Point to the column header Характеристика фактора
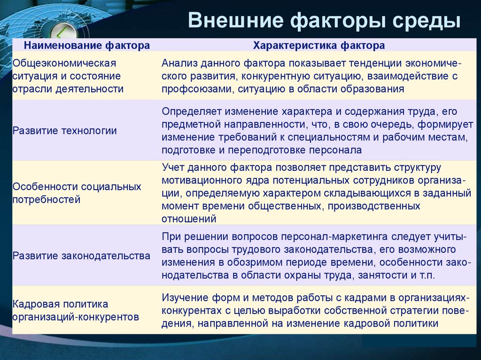pos(319,46)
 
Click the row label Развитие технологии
pos(65,131)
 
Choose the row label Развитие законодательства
pos(82,256)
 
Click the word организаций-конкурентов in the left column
pos(76,317)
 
